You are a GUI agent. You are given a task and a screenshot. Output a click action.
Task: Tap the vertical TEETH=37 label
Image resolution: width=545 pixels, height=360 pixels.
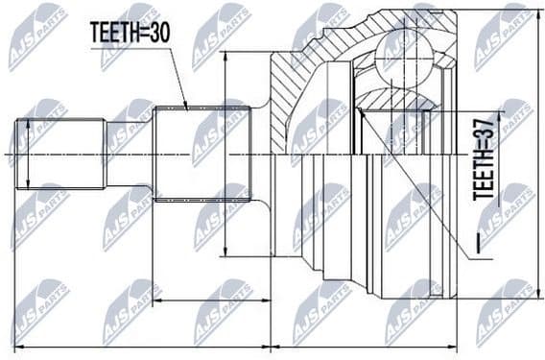[486, 158]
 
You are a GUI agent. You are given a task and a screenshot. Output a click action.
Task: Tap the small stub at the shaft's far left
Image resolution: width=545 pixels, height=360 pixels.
[60, 154]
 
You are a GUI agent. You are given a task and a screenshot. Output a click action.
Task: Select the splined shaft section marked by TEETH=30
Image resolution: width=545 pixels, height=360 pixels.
[201, 154]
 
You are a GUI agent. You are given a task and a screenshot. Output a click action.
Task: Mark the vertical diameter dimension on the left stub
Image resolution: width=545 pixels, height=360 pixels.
[30, 154]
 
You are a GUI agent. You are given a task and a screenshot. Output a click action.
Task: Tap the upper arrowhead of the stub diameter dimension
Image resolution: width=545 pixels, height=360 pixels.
[30, 123]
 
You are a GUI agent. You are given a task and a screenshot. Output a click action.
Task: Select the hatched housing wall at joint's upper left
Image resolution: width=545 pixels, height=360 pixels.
[288, 91]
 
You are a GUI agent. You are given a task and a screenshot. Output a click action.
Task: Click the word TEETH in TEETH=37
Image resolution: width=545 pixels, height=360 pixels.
[486, 178]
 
